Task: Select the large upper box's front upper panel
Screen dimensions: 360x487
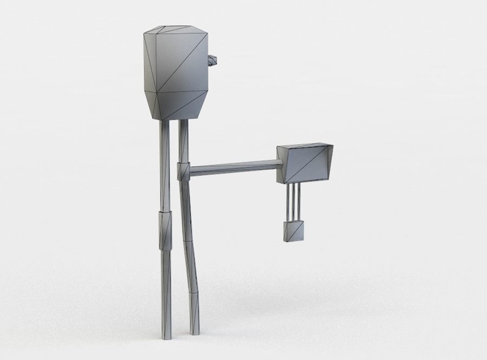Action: pos(182,61)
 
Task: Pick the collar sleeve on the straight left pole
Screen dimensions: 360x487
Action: pos(165,230)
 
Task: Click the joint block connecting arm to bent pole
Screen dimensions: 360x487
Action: pos(183,171)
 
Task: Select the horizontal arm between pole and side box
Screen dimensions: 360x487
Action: pos(234,168)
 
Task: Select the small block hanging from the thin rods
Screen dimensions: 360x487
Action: pos(294,231)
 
